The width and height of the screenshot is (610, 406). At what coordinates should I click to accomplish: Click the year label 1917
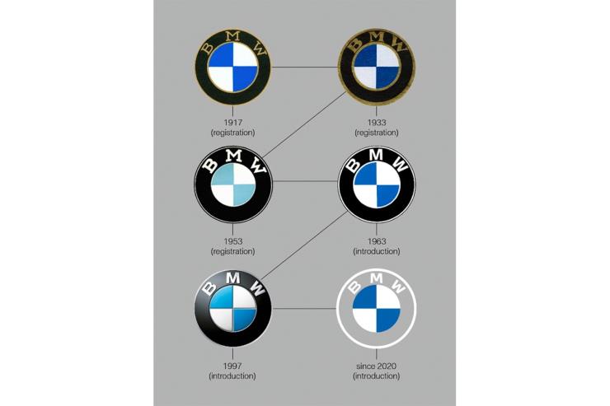pos(233,123)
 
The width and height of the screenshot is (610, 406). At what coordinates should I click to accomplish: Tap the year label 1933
pos(377,123)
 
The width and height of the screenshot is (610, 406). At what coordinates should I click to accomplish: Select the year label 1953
pos(233,241)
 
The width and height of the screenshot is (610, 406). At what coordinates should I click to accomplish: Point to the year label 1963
pos(377,241)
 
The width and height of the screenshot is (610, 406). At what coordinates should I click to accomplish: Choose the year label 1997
pos(232,366)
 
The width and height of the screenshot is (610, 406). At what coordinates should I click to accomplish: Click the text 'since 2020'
pos(376,366)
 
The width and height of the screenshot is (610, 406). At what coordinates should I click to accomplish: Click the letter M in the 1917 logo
pos(233,36)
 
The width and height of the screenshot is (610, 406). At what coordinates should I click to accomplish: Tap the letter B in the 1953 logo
pos(210,166)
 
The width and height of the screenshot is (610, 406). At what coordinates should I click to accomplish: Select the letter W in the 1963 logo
pos(401,165)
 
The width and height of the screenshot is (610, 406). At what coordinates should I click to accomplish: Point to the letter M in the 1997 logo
pos(232,278)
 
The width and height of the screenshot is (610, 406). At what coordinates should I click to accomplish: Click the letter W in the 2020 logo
pos(398,287)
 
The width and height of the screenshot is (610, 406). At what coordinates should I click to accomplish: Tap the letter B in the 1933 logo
pos(354,44)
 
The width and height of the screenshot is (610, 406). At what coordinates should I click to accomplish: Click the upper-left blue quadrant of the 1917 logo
pos(221,55)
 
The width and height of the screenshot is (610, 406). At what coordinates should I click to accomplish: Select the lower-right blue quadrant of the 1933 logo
pos(388,78)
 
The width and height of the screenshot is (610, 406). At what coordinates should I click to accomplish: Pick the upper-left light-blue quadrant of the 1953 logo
pos(223,174)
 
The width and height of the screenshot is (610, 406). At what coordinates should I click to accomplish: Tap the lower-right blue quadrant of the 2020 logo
pos(387,320)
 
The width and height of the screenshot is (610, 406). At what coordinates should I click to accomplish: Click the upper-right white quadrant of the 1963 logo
pos(387,174)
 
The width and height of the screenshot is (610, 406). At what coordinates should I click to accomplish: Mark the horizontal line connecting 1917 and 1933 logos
pos(305,68)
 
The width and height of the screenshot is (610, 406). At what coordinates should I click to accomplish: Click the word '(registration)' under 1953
pos(232,251)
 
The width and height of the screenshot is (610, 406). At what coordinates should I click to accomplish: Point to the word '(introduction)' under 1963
pos(376,251)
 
